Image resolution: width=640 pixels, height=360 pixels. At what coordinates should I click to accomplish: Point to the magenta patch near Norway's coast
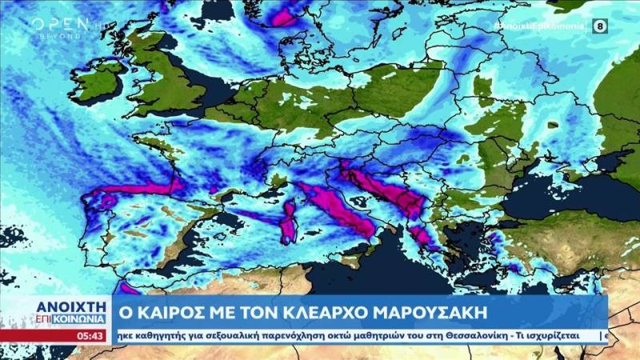click(x=282, y=14)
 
